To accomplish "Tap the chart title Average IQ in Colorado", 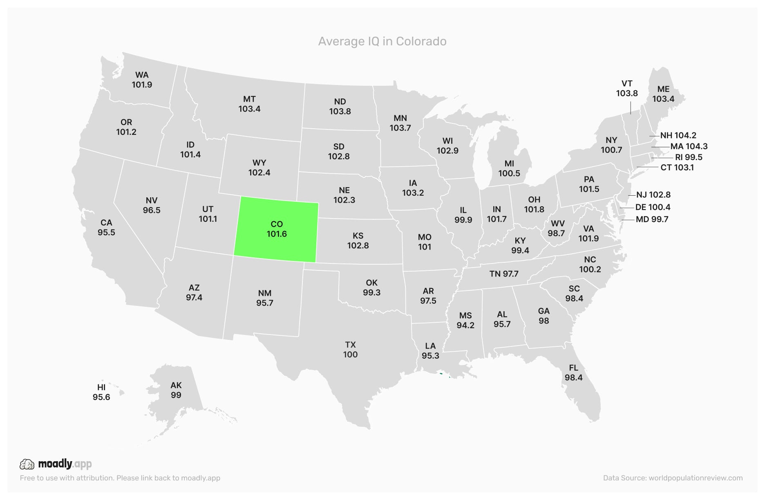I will [382, 41].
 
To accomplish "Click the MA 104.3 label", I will [689, 146].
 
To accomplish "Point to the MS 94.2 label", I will [465, 320].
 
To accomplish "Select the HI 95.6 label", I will [101, 392].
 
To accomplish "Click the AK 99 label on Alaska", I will [176, 390].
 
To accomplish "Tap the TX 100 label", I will [350, 350].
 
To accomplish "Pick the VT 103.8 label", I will [627, 88].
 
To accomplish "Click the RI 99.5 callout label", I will [689, 157].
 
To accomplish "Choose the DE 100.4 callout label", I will [653, 207].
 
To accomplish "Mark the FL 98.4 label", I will [573, 373].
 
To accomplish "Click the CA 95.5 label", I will [106, 228].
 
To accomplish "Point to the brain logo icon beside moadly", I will [27, 464].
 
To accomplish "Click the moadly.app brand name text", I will [65, 464].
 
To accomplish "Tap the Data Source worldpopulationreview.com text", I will [673, 478].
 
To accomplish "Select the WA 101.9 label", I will [142, 80].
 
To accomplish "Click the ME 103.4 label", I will [663, 94].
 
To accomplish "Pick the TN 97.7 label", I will [503, 274].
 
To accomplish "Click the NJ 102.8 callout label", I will [653, 195].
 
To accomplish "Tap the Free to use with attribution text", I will [120, 478].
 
